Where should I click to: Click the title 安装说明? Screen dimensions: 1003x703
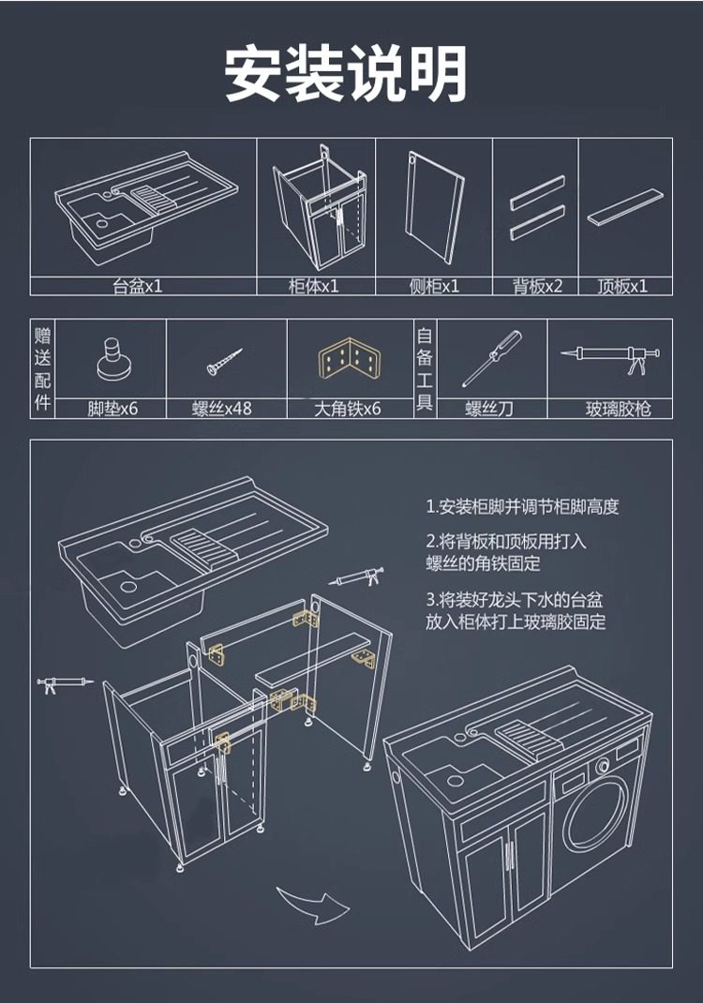pyautogui.click(x=346, y=72)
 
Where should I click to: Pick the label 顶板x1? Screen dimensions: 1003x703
pyautogui.click(x=622, y=287)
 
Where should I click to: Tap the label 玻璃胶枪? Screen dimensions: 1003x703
pyautogui.click(x=618, y=409)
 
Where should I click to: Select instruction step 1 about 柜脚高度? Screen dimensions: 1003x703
pyautogui.click(x=522, y=507)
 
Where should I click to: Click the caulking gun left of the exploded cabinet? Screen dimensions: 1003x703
pyautogui.click(x=65, y=683)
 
